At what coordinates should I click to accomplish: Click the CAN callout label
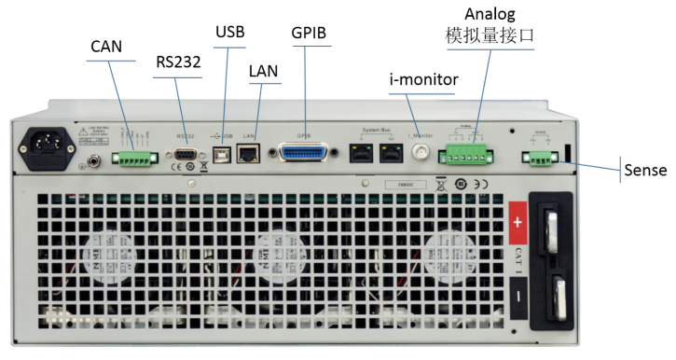point(106,46)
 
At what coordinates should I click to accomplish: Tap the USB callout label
point(230,32)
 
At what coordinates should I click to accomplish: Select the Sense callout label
point(645,172)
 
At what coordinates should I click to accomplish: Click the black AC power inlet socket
point(48,146)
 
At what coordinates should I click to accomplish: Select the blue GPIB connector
point(305,152)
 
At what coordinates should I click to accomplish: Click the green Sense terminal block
point(539,158)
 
